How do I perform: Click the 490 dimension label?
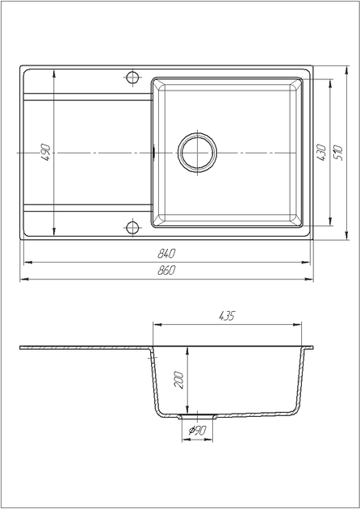pos(46,153)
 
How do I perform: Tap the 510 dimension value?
pos(337,153)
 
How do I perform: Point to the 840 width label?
pos(166,254)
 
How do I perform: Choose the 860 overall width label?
pos(166,270)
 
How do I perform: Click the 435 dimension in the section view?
pos(227,316)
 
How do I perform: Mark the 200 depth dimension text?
pos(179,380)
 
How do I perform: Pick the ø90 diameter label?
pos(198,431)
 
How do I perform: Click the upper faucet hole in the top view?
pos(132,78)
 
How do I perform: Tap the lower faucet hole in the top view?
pos(132,227)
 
